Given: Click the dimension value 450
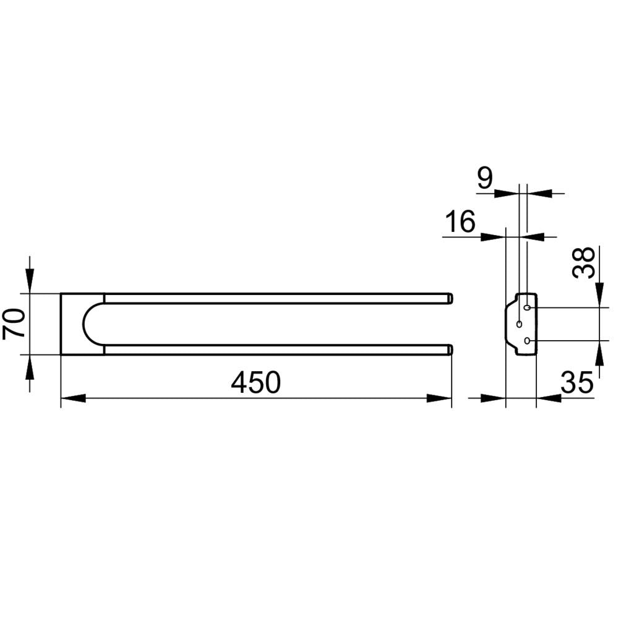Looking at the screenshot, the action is (x=256, y=383).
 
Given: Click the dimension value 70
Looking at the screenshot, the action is (x=14, y=324).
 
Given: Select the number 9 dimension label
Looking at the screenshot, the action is (x=485, y=178).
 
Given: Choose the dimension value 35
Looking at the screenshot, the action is (x=577, y=383).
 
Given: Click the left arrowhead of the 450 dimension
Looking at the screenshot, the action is (x=73, y=398).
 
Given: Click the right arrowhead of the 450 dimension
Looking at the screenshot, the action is (x=439, y=398).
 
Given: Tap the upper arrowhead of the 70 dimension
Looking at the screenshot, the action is (x=30, y=281).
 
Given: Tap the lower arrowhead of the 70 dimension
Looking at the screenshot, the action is (x=30, y=367).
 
